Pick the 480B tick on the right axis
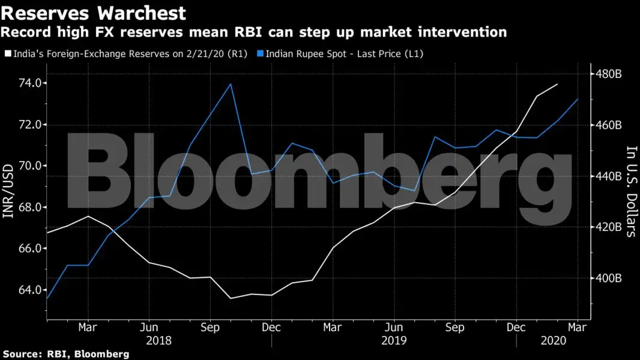(609, 74)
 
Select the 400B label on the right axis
(609, 278)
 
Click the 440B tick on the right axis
(609, 176)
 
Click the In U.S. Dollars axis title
(630, 191)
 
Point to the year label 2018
(158, 340)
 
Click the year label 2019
(393, 340)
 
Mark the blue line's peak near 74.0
(231, 84)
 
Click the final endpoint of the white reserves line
(558, 84)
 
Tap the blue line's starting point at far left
(47, 298)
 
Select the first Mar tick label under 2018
(88, 328)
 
